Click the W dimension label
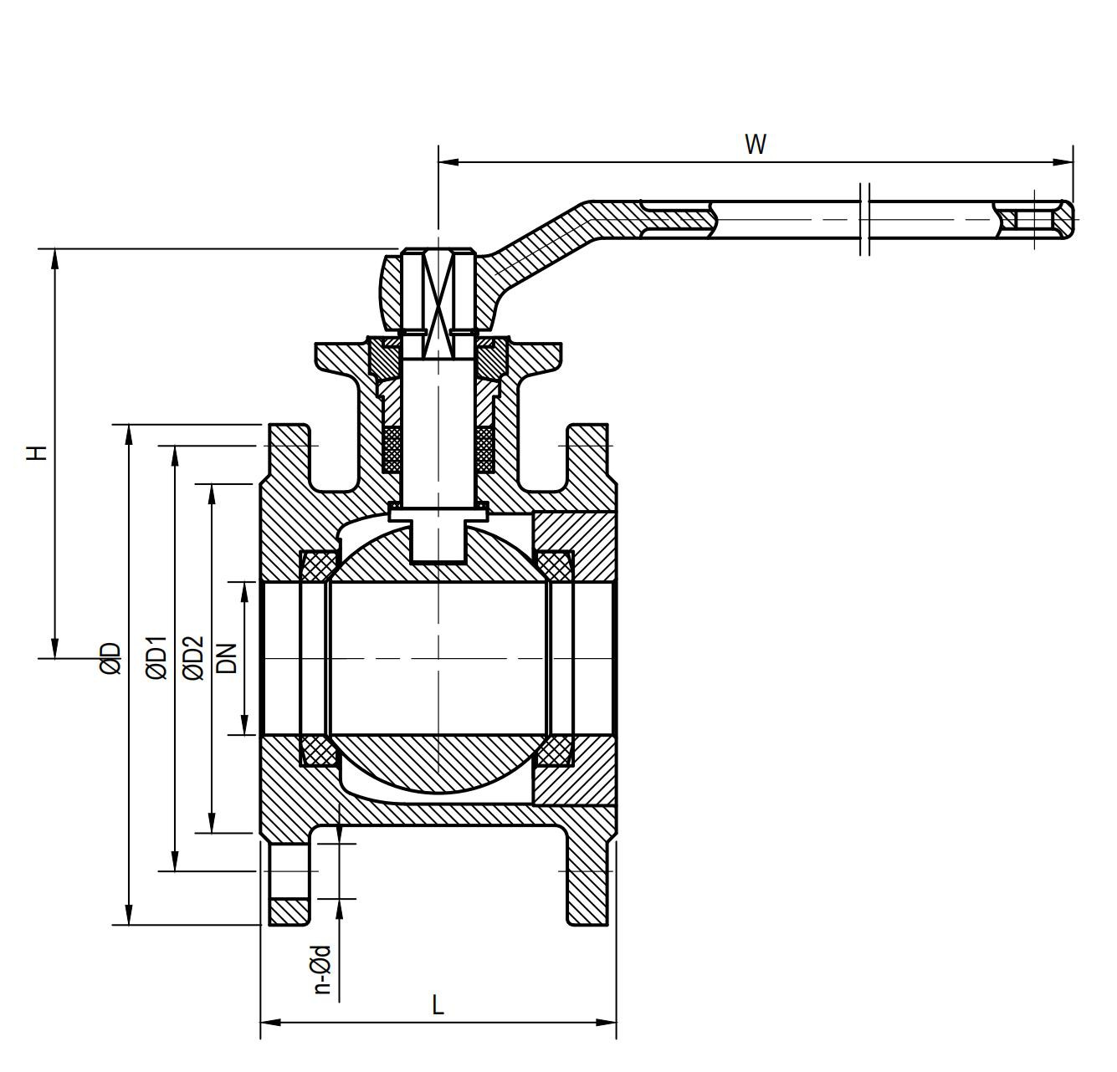pyautogui.click(x=755, y=144)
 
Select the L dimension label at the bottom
pyautogui.click(x=437, y=1004)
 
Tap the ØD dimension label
pyautogui.click(x=110, y=658)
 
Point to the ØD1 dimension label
pyautogui.click(x=156, y=658)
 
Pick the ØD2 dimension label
pyautogui.click(x=192, y=658)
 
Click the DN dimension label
pyautogui.click(x=227, y=658)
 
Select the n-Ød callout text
pyautogui.click(x=321, y=969)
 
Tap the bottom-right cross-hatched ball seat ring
pyautogui.click(x=553, y=751)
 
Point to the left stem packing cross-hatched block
pyautogui.click(x=392, y=449)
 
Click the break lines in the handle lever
pyautogui.click(x=865, y=219)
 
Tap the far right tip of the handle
pyautogui.click(x=1072, y=219)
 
